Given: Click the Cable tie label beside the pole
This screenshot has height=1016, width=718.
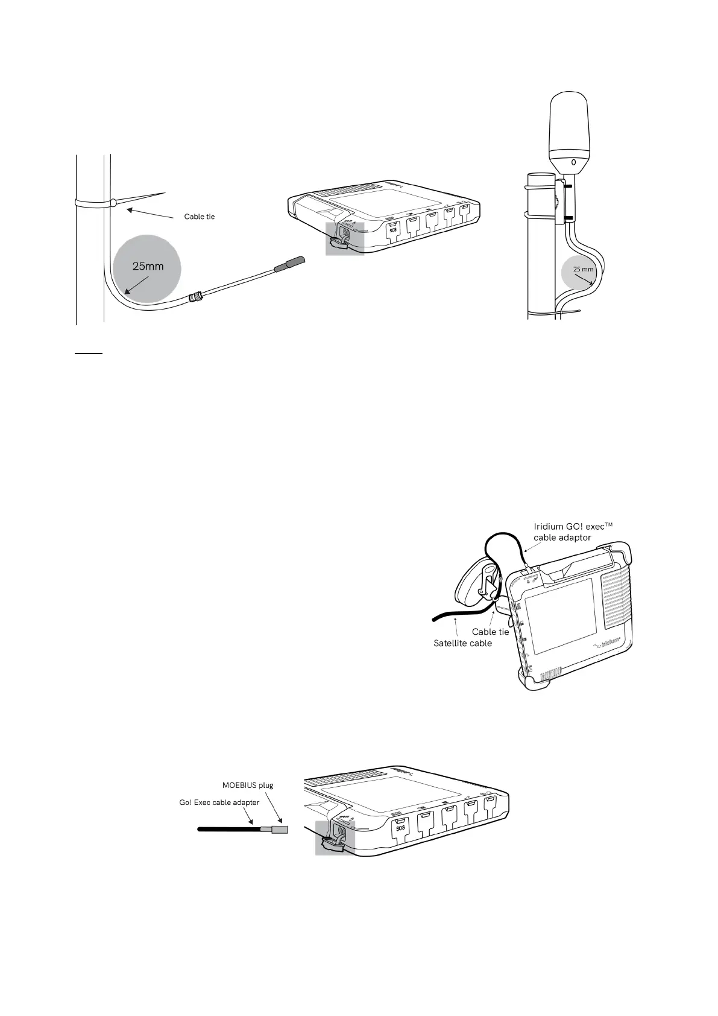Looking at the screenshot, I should (199, 217).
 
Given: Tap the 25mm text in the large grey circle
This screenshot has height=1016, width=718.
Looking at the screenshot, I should (148, 266).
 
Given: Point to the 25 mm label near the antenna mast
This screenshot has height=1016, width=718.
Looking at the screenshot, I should (583, 269).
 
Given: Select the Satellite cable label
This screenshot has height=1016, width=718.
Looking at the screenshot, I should (463, 643).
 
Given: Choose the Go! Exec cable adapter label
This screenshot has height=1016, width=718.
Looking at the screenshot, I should (219, 802).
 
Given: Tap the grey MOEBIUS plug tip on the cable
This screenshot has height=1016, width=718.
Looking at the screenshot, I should (280, 830).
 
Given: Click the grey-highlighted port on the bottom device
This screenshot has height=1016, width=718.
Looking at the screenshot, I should (335, 837).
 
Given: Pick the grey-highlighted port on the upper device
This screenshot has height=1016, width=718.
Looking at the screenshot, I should (344, 237).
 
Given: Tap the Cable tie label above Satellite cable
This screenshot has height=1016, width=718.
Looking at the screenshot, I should (490, 632).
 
